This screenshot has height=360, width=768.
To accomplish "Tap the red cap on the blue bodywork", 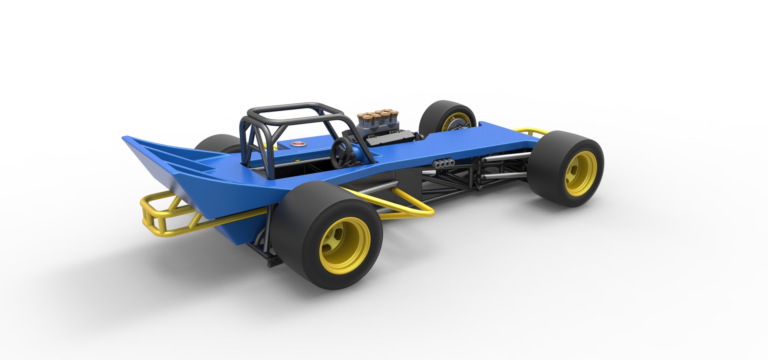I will tap(297, 143).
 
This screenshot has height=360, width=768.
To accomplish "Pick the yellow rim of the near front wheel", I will tap(581, 173).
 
